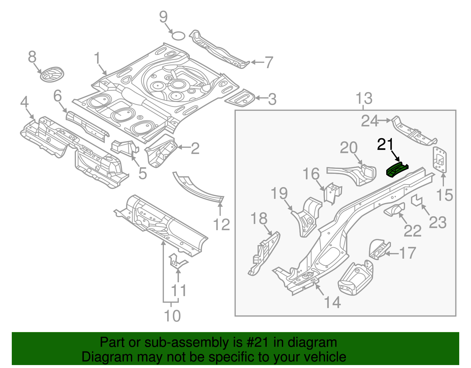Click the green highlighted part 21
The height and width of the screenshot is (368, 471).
pyautogui.click(x=397, y=171)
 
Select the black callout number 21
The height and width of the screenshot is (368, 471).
pyautogui.click(x=385, y=144)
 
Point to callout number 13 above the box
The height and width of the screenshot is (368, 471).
pyautogui.click(x=364, y=98)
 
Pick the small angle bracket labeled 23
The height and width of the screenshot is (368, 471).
pyautogui.click(x=417, y=201)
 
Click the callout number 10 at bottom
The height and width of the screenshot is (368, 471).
pyautogui.click(x=172, y=316)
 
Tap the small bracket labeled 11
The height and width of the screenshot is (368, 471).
pyautogui.click(x=177, y=261)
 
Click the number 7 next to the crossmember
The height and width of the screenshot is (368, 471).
pyautogui.click(x=269, y=62)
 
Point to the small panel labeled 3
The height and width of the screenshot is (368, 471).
pyautogui.click(x=240, y=98)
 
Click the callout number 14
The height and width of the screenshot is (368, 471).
pyautogui.click(x=332, y=302)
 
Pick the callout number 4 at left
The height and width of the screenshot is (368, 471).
pyautogui.click(x=24, y=102)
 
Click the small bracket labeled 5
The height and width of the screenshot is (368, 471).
pyautogui.click(x=124, y=147)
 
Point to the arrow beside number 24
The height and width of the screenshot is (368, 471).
pyautogui.click(x=385, y=120)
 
